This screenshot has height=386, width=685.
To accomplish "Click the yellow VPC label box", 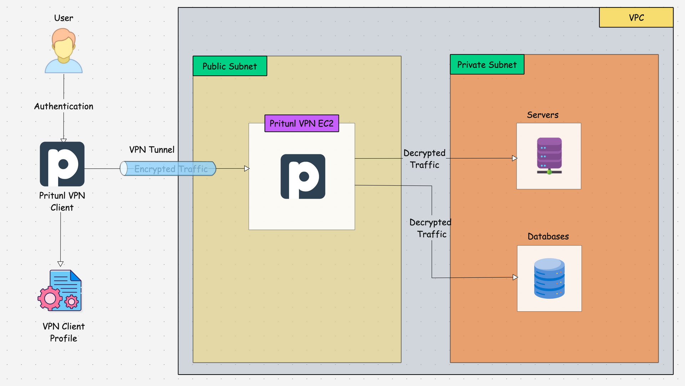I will (x=636, y=18).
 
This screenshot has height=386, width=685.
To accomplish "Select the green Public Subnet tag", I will (x=230, y=66).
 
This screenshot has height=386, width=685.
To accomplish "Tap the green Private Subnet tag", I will (x=487, y=65).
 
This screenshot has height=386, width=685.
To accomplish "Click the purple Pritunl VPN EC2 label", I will (x=301, y=123).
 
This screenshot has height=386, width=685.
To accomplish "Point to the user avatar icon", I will (x=64, y=51).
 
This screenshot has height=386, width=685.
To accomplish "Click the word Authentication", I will (x=64, y=106).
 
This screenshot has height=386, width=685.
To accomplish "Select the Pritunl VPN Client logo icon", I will (x=62, y=164).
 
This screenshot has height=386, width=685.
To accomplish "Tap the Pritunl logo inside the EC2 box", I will (x=303, y=176).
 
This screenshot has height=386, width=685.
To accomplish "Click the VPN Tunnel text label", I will (x=152, y=149).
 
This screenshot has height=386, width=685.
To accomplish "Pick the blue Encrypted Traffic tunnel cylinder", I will (x=168, y=168).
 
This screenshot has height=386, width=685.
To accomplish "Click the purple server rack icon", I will (x=549, y=156).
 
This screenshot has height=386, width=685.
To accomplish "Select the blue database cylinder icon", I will (x=549, y=278).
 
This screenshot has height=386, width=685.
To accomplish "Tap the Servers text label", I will (x=542, y=115).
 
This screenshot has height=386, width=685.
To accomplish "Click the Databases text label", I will (x=548, y=236).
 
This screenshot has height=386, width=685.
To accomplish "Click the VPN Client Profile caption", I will (x=64, y=332).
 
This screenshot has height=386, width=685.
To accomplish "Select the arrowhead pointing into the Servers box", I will (x=514, y=158).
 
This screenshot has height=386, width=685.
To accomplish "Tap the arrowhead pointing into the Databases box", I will (x=515, y=277).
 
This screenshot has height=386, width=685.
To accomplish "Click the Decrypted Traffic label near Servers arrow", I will (x=424, y=159).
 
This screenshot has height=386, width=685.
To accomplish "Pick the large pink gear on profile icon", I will (x=50, y=298).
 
